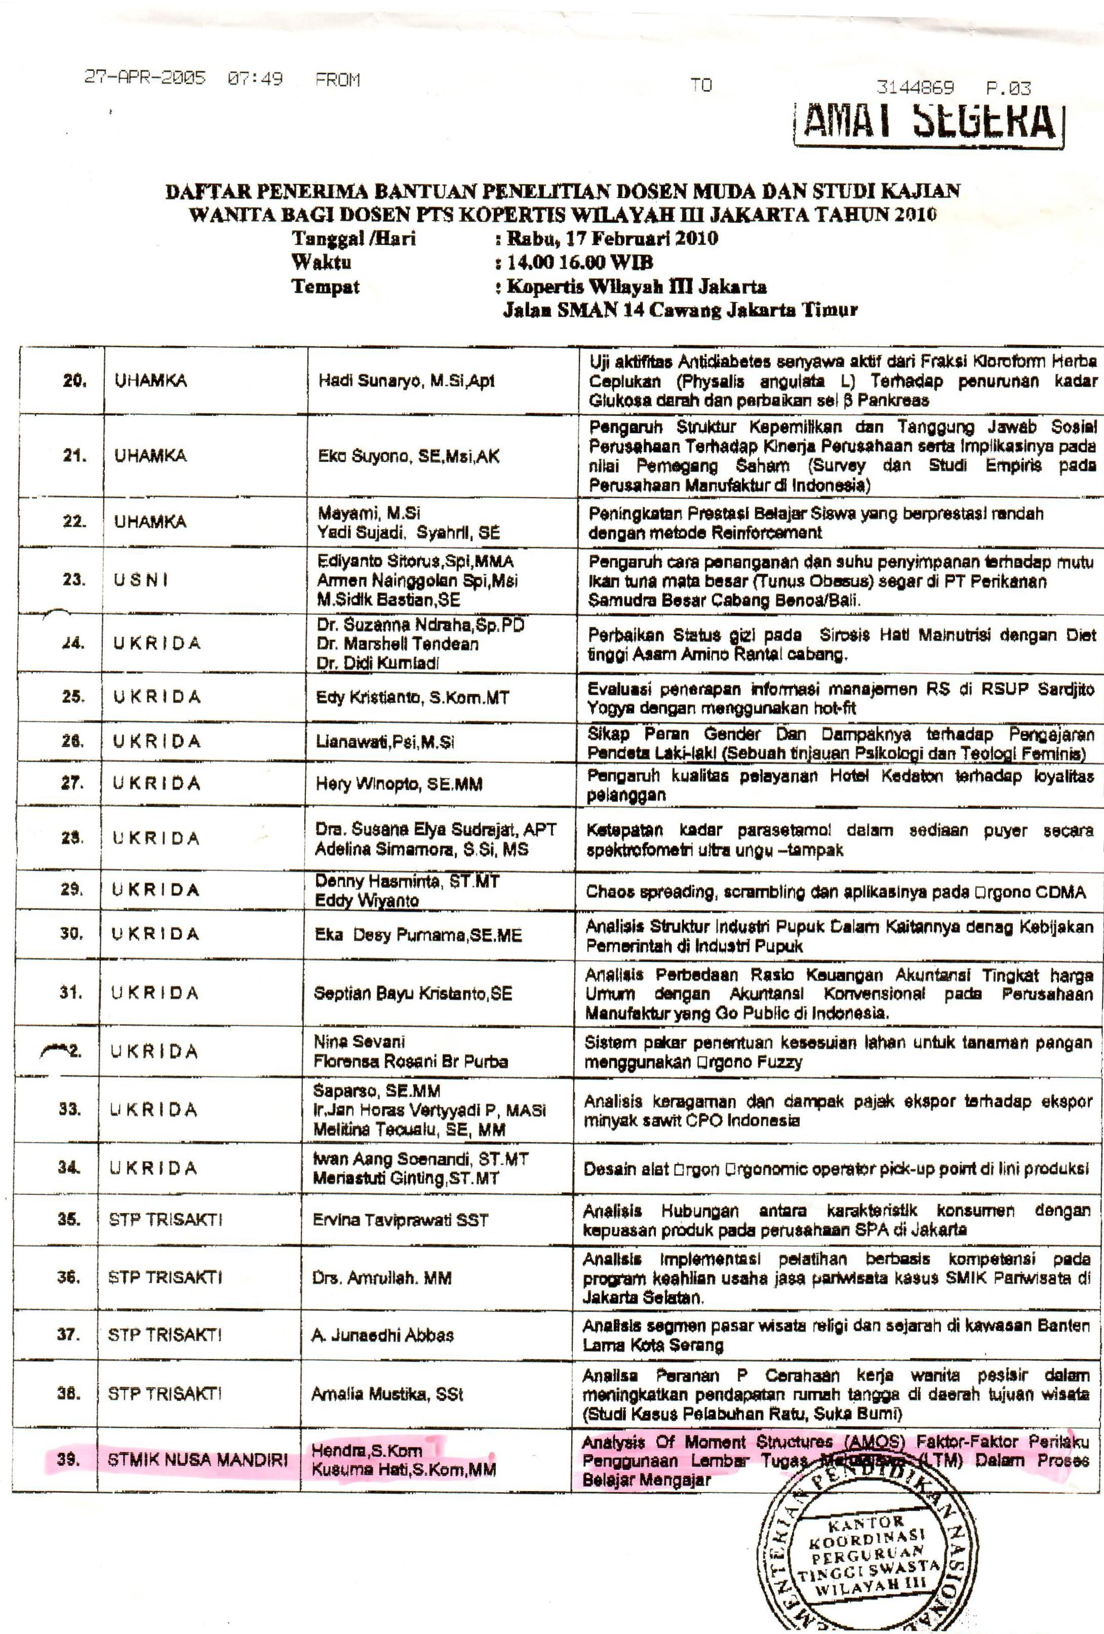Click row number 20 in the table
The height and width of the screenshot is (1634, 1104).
[74, 380]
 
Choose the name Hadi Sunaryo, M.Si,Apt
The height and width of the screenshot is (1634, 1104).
[407, 381]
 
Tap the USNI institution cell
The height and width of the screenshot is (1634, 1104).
[141, 581]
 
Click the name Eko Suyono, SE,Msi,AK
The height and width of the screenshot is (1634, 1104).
[409, 456]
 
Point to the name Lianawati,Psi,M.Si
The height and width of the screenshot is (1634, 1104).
[385, 742]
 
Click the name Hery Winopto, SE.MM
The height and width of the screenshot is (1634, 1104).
[399, 784]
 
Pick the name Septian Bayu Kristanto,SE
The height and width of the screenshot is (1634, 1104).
[413, 993]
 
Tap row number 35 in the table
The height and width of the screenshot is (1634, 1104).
[69, 1220]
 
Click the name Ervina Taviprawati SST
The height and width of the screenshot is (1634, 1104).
[400, 1221]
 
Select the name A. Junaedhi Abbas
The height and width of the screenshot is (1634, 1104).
[382, 1335]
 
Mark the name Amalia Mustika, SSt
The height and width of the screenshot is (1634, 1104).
[387, 1394]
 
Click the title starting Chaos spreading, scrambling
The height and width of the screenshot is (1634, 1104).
[836, 892]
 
